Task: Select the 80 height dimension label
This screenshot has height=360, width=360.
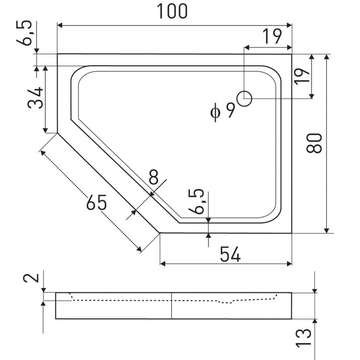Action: tap(314, 143)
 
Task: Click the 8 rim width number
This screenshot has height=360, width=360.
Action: tap(154, 178)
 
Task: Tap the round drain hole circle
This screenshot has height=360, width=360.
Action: tap(245, 98)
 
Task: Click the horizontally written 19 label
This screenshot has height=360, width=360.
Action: tap(272, 37)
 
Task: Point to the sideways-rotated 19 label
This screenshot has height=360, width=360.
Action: tap(303, 75)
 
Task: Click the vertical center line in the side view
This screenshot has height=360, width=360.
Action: tap(172, 305)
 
